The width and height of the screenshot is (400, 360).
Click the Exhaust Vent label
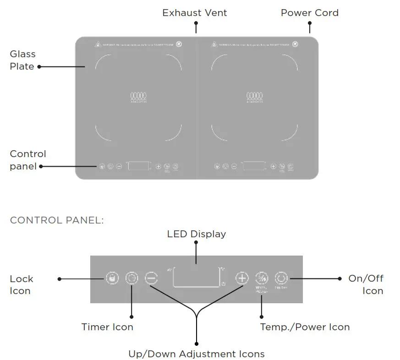[194, 13]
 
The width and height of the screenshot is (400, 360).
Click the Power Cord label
[310, 13]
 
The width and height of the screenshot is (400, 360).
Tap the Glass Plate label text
[22, 60]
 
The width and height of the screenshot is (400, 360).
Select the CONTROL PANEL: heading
[57, 220]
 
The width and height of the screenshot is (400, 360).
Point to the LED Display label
[196, 234]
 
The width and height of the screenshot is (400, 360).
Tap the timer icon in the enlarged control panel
[132, 278]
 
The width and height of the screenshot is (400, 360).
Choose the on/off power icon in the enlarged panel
[280, 278]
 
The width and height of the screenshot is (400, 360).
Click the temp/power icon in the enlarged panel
[261, 278]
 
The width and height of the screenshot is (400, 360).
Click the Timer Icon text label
[107, 327]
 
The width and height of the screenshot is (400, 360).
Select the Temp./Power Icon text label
[305, 327]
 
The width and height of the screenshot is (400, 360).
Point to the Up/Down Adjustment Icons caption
[196, 354]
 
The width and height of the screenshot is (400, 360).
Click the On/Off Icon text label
[366, 284]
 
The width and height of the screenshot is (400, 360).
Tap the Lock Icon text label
[22, 284]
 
